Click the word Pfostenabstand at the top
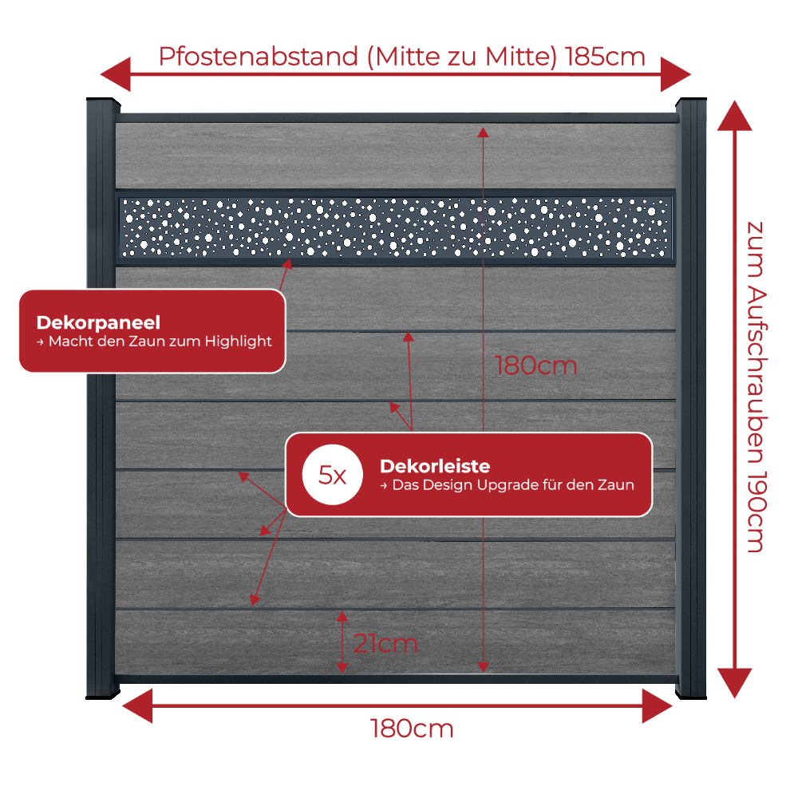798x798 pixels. click(x=259, y=57)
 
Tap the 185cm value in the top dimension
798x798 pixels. click(x=605, y=57)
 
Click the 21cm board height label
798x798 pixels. click(x=385, y=643)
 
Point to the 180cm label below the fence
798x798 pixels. click(x=411, y=729)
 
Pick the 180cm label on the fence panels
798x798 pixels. click(x=536, y=365)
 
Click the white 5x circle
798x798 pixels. click(x=332, y=474)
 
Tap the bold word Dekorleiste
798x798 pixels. click(x=435, y=466)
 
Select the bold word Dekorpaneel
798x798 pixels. click(x=98, y=322)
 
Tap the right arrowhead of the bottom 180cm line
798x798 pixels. click(x=657, y=706)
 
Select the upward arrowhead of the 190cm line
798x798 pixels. click(x=734, y=116)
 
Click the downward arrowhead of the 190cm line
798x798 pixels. click(x=734, y=683)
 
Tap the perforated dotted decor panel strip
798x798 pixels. click(x=396, y=227)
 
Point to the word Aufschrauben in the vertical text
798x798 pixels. click(x=757, y=373)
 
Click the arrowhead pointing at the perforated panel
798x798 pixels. click(x=288, y=263)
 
